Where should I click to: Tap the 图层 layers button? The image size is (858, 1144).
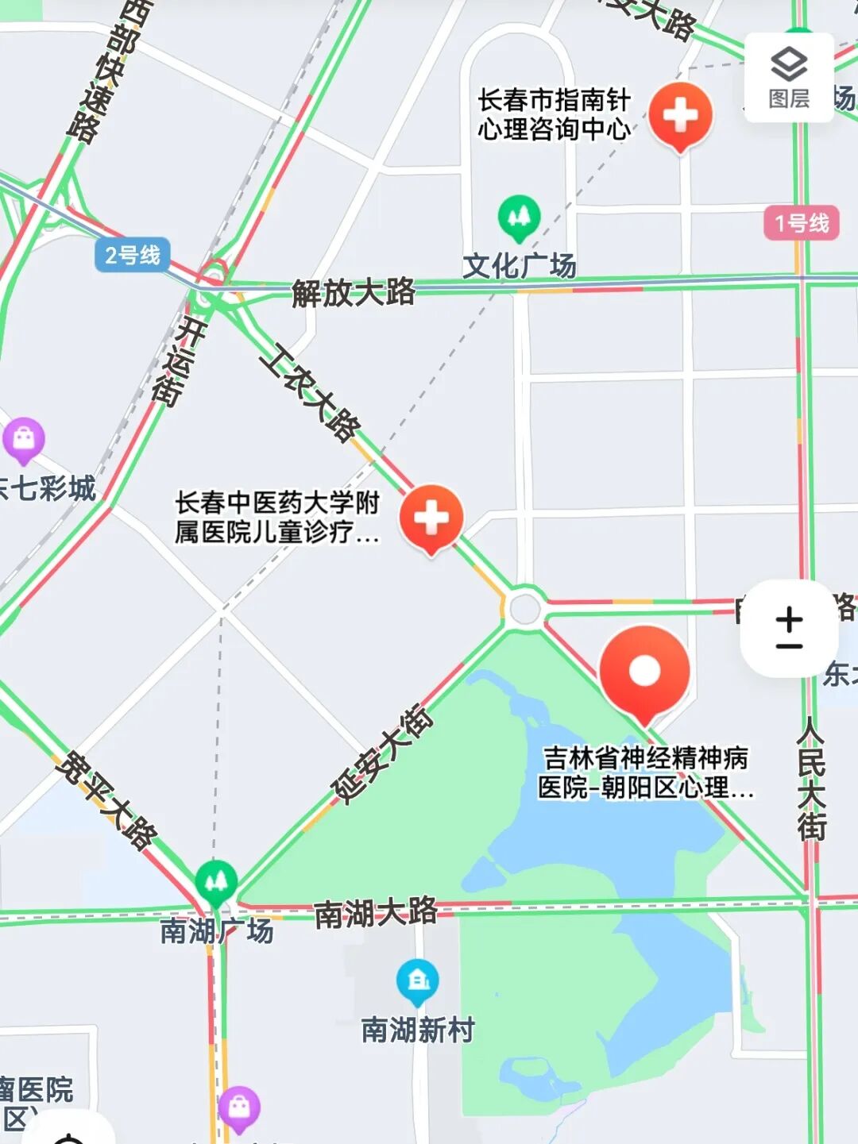[x=789, y=77]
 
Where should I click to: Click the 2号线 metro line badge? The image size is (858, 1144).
[x=133, y=255]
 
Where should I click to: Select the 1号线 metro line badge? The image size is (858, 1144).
[x=802, y=223]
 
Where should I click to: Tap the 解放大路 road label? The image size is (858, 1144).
[x=354, y=292]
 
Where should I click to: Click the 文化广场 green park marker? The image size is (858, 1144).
[x=519, y=217]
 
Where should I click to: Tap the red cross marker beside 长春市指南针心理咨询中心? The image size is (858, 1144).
[x=680, y=115]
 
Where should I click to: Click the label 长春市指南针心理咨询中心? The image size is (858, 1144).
[x=554, y=114]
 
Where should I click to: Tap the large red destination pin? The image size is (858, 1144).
[x=644, y=672]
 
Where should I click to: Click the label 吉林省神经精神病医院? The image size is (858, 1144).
[x=645, y=772]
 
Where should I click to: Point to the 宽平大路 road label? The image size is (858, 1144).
[x=107, y=798]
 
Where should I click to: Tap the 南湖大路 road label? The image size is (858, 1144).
[x=375, y=912]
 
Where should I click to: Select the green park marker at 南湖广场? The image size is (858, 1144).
[x=216, y=881]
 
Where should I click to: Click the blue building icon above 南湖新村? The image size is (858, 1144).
[x=418, y=980]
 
